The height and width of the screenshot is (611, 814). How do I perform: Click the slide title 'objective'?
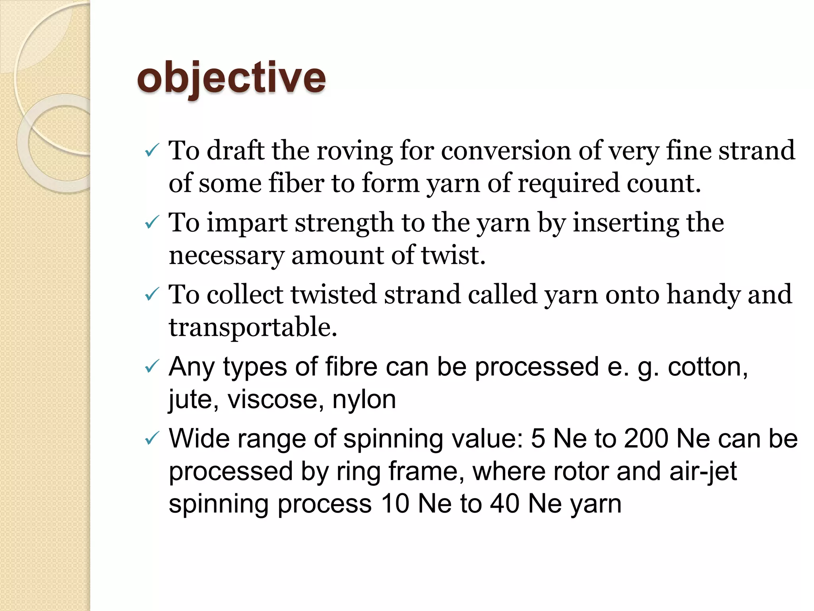[x=231, y=78]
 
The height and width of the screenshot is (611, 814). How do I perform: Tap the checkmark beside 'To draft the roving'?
[x=152, y=151]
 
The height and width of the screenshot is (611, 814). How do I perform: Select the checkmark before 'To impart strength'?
[x=152, y=223]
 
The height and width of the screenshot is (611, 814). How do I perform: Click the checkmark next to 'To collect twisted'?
[x=152, y=295]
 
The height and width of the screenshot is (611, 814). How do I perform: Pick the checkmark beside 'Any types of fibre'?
[x=152, y=367]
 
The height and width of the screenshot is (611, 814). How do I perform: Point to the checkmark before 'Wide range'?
[x=152, y=439]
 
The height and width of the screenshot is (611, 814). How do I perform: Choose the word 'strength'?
[x=344, y=224]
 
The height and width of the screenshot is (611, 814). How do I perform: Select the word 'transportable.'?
[x=253, y=327]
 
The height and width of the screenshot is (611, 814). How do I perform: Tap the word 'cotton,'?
[x=708, y=367]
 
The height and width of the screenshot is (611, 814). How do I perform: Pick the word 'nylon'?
[x=364, y=399]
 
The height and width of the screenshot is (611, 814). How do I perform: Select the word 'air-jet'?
[x=703, y=472]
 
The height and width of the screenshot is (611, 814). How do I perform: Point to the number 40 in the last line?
[x=504, y=504]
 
